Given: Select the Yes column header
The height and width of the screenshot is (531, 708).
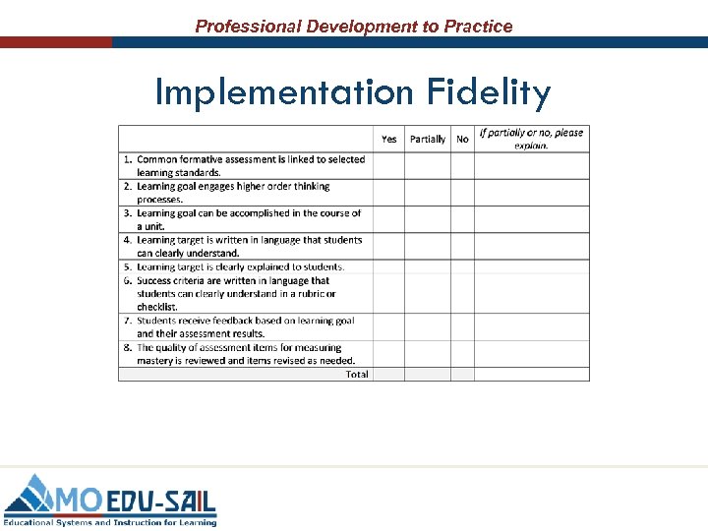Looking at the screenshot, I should click(388, 139).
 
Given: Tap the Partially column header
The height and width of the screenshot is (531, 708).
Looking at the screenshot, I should click(427, 139).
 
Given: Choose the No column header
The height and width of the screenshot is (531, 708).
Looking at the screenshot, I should click(462, 139).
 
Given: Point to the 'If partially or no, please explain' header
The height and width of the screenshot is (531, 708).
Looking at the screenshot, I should click(531, 139).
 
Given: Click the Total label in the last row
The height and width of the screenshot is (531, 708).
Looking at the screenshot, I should click(357, 374).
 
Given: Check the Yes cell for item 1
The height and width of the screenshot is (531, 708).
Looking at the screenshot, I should click(388, 165).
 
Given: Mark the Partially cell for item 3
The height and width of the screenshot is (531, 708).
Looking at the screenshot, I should click(427, 219).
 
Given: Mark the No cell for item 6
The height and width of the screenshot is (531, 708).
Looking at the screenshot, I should click(462, 293).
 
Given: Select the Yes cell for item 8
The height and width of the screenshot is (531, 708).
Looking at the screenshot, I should click(388, 353).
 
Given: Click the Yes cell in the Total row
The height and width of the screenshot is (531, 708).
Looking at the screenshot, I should click(388, 374).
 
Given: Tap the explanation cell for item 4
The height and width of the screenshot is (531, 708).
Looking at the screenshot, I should click(531, 246).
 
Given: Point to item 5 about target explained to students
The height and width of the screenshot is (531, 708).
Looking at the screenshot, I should click(240, 266).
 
